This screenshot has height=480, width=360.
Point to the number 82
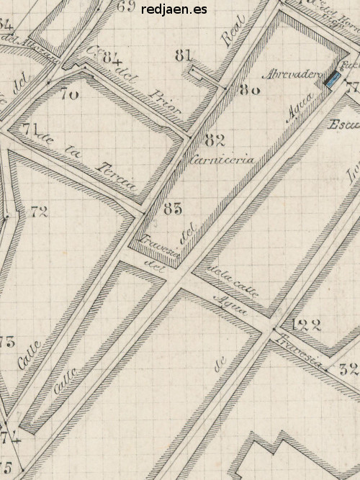click(x=215, y=140)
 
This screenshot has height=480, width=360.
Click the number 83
click(x=173, y=209)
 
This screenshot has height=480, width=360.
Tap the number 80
click(x=249, y=91)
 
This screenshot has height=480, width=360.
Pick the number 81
click(x=184, y=55)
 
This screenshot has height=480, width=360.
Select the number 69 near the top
click(x=125, y=8)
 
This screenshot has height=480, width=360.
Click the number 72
click(x=39, y=212)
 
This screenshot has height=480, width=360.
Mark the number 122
click(x=306, y=325)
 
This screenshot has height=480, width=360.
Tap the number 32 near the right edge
click(x=349, y=371)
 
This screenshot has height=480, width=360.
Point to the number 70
click(x=69, y=94)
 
